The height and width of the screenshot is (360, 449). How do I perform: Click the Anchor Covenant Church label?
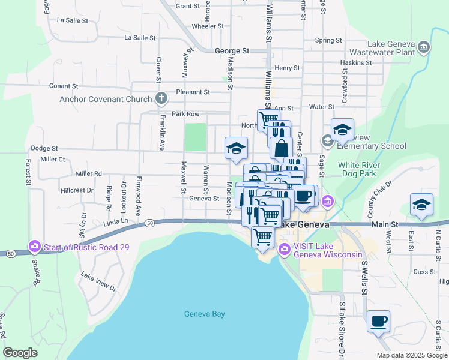(x=106, y=99)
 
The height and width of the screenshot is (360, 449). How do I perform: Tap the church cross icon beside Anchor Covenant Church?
(x=161, y=98)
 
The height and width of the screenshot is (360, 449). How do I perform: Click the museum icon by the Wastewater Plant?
(x=424, y=47)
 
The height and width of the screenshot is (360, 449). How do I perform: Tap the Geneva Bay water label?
(x=204, y=314)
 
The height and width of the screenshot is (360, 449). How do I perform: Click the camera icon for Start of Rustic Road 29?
(x=34, y=246)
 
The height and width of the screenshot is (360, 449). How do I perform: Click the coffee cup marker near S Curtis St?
(x=378, y=322)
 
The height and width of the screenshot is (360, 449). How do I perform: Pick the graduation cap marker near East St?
(x=421, y=205)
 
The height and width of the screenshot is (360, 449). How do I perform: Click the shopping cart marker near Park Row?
(x=268, y=119)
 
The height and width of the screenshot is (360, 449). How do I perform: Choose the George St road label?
(x=232, y=52)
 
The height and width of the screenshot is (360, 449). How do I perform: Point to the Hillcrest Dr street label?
(x=77, y=190)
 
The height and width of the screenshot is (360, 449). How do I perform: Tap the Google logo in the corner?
(x=20, y=353)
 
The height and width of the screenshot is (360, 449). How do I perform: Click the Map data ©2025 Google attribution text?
(x=411, y=355)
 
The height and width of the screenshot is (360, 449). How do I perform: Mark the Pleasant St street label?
(x=193, y=92)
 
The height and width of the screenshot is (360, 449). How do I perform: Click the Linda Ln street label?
(x=116, y=221)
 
